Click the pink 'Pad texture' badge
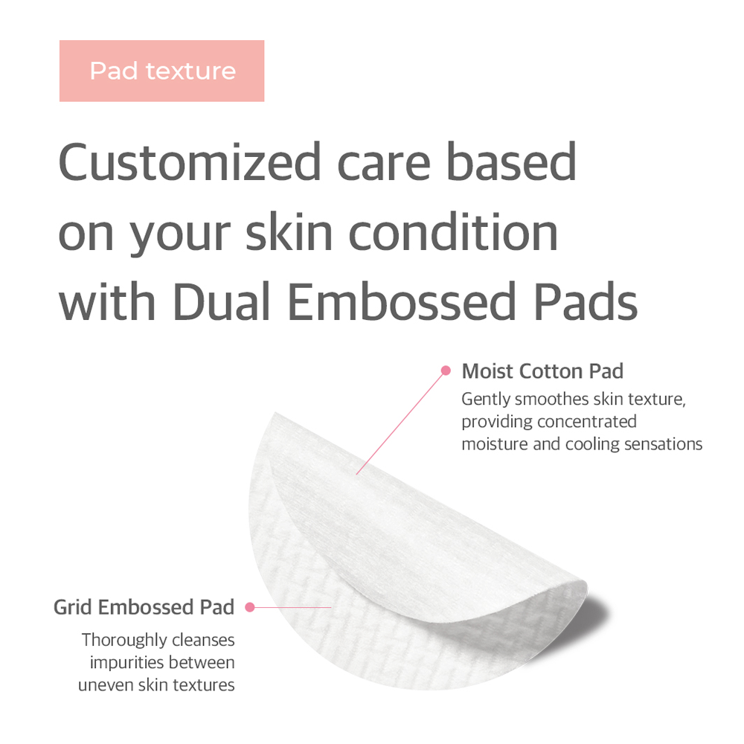(x=162, y=71)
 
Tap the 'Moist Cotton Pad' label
(x=542, y=371)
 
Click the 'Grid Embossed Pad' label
(x=144, y=607)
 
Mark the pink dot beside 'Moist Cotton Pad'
(x=446, y=370)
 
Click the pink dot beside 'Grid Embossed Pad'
(x=250, y=607)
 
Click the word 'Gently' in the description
(x=486, y=399)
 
